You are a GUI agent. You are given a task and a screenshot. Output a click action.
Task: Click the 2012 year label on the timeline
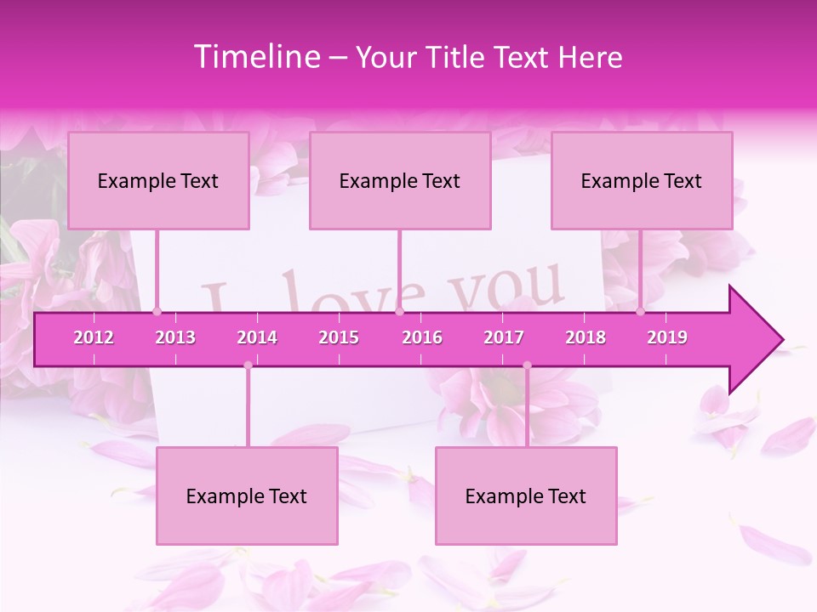pos(94,337)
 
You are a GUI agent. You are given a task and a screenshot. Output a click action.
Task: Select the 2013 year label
pos(175,337)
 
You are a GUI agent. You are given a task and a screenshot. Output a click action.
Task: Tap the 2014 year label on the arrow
pos(257,337)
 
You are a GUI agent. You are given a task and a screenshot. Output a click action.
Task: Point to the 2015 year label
pos(339,337)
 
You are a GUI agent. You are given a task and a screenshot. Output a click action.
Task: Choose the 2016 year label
pos(422,337)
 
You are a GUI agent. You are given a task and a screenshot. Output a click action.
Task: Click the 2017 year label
pos(504,337)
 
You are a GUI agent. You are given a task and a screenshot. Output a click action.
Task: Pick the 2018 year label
pos(586,337)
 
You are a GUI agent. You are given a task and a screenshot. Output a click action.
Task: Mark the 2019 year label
pos(667,337)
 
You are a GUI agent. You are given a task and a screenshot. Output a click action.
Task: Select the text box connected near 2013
pos(158,180)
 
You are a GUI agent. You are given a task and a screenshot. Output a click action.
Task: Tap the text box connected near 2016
pos(400,180)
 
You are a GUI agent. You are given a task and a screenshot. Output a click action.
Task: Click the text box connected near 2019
pos(642,180)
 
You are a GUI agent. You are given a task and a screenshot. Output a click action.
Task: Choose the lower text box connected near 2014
pos(247,496)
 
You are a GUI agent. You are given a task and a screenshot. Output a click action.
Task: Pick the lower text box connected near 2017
pos(526,496)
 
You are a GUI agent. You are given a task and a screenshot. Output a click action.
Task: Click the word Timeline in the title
pos(255,57)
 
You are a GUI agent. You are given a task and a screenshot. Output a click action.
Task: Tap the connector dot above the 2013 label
pos(157,312)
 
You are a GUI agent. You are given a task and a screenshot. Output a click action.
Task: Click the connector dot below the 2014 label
pos(248,365)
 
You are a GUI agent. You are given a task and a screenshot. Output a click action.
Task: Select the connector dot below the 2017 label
pos(527,365)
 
